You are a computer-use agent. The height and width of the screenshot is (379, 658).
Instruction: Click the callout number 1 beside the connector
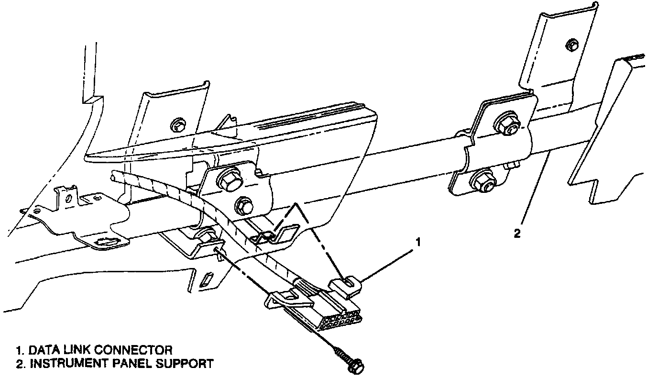(x=418, y=243)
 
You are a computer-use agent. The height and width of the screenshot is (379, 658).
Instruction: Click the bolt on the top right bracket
(x=570, y=45)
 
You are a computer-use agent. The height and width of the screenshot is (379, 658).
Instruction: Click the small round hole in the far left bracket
(x=68, y=197)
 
